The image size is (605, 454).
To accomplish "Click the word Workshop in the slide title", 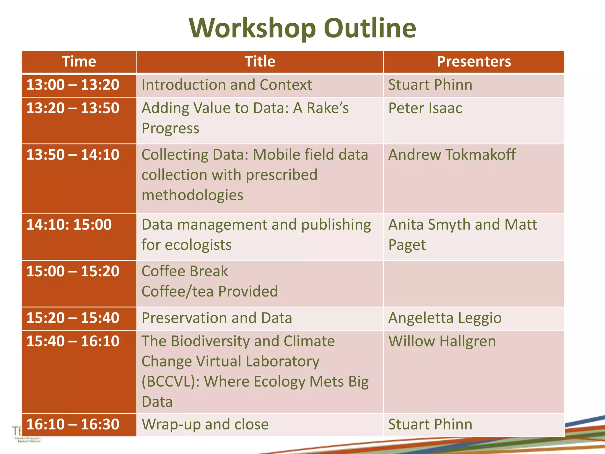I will tap(253, 28).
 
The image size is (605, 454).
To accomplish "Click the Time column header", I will tap(79, 62).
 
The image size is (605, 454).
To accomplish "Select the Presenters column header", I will tap(474, 62).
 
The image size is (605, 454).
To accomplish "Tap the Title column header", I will tap(260, 62).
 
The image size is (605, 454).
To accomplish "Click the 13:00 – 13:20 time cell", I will tap(73, 85).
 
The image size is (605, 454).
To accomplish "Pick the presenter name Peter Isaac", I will tap(425, 108).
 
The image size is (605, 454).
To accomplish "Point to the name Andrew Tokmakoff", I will tap(452, 155).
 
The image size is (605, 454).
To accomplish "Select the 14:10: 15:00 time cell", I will tap(69, 225).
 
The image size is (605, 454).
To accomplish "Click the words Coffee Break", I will tap(185, 271).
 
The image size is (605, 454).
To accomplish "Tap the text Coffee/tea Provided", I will tap(210, 291).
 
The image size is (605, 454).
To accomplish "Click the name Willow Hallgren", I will tap(442, 341).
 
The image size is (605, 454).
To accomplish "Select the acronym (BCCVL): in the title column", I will tap(170, 382).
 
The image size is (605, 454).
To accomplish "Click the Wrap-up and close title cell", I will tap(205, 424).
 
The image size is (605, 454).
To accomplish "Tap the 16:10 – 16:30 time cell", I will tap(73, 424).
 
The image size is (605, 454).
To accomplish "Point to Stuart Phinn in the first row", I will tap(430, 85).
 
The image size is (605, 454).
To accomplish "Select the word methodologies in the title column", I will tap(192, 195).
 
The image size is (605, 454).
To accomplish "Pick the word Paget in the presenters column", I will tap(407, 245).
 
